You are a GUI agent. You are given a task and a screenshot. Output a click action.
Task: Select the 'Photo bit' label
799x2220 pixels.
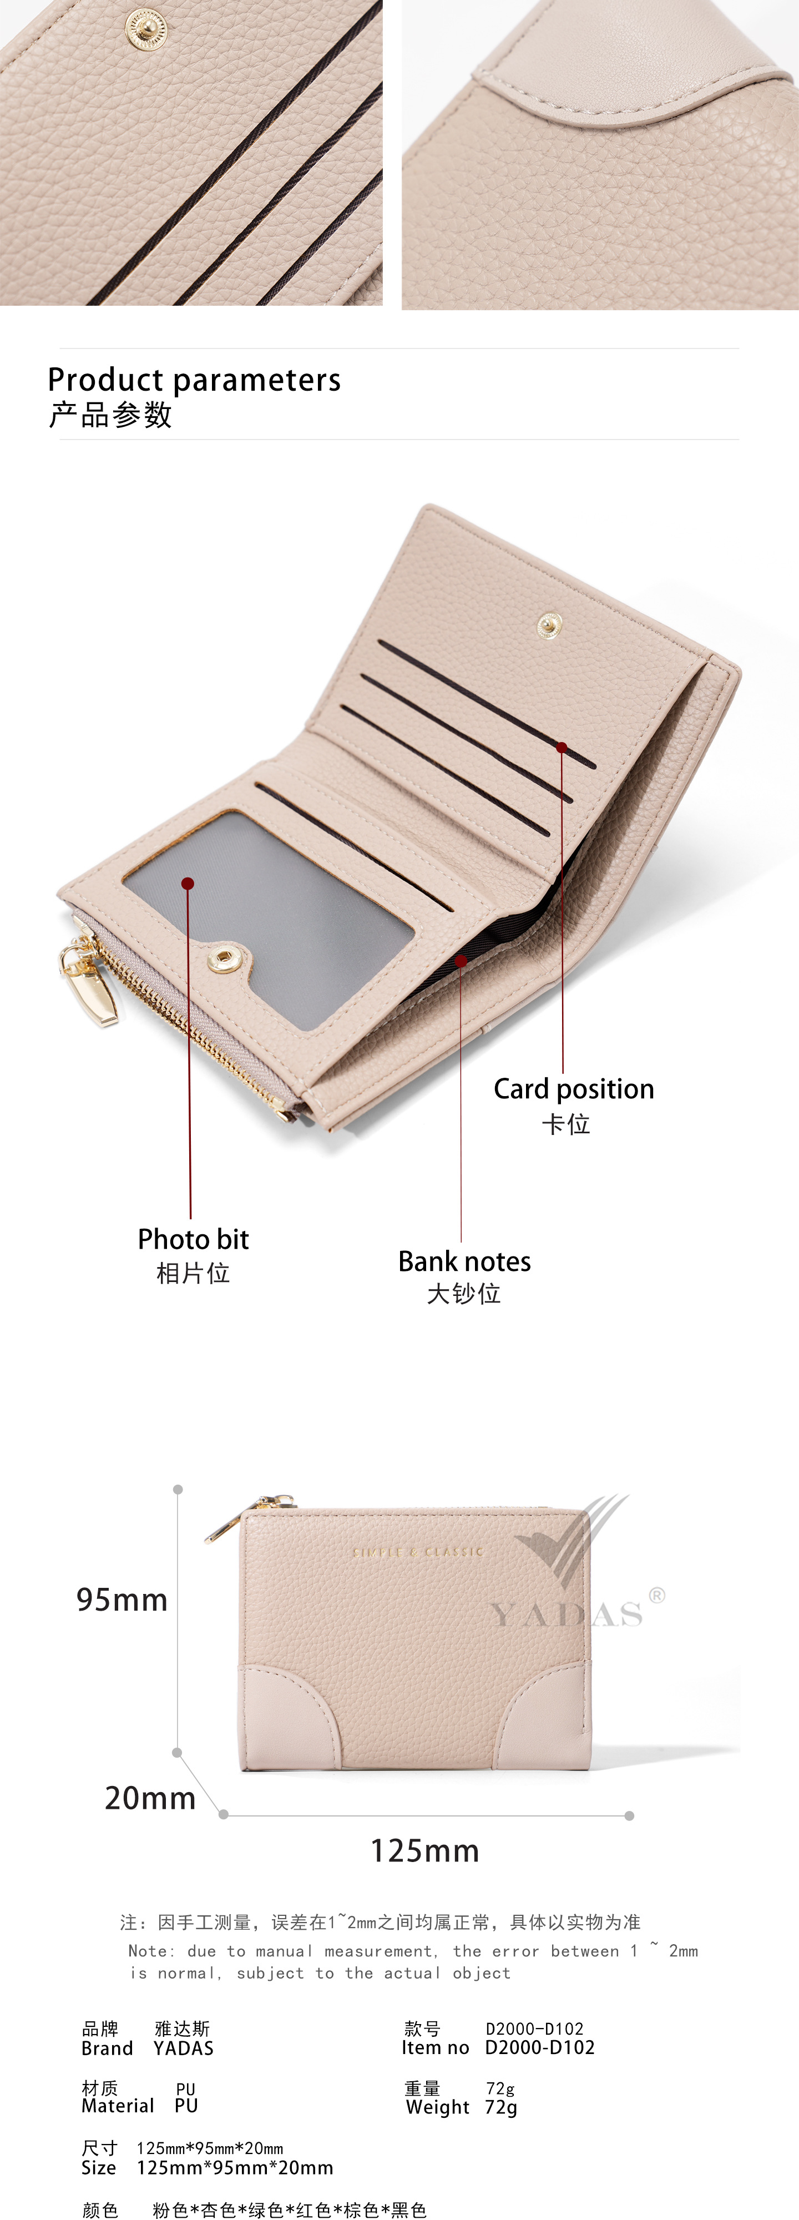[193, 1239]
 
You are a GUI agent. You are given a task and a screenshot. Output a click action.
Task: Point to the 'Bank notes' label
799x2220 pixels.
[464, 1262]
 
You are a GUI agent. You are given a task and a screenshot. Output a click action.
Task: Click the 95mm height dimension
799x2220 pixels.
[122, 1600]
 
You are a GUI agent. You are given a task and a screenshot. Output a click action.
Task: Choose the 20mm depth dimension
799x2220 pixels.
[150, 1798]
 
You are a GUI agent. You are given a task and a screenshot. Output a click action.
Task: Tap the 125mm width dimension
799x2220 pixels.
[424, 1850]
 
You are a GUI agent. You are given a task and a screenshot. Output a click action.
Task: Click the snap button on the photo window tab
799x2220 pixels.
[225, 958]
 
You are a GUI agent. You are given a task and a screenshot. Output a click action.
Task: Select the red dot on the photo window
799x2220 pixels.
[188, 884]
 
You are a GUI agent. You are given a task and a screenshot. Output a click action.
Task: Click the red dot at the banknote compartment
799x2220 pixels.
[461, 961]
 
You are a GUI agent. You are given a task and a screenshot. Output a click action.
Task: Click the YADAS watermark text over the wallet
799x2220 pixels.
[567, 1613]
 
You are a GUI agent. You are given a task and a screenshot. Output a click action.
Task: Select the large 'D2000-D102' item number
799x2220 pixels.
[539, 2047]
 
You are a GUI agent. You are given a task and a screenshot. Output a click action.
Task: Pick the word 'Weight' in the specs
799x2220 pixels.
[438, 2107]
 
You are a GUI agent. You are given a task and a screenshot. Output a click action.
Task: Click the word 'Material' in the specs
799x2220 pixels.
[117, 2106]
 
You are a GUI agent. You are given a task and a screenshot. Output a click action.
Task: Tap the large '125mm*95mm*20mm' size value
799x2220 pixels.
[235, 2167]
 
